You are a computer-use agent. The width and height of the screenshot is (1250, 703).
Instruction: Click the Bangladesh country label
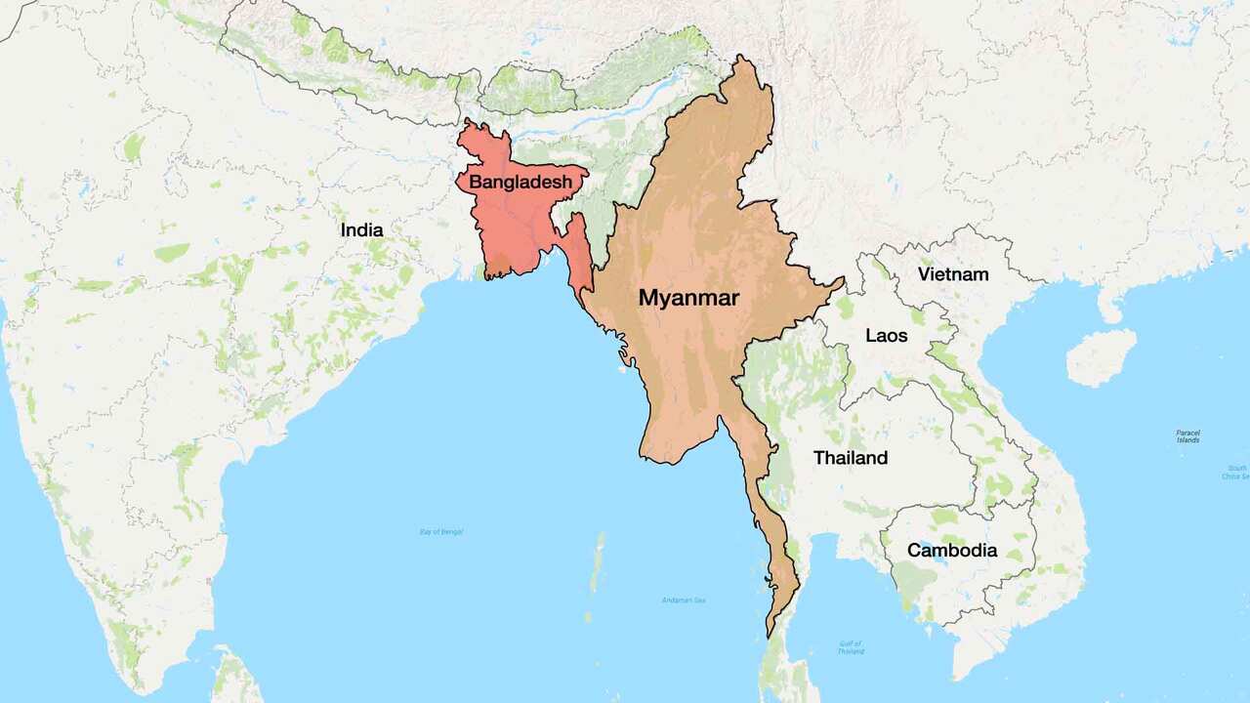tap(521, 182)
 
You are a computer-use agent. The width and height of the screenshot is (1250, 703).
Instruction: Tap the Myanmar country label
tap(688, 298)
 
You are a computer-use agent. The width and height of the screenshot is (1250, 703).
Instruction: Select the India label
tap(361, 230)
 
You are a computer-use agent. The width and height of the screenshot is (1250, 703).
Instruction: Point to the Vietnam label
tap(952, 274)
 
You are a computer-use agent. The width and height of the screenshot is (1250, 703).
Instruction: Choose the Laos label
tap(887, 336)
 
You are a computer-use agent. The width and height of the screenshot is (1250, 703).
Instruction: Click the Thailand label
tap(851, 457)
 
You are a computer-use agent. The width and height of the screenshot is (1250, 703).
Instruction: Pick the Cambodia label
tap(952, 550)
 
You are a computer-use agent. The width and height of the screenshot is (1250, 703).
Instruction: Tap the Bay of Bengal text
tap(440, 531)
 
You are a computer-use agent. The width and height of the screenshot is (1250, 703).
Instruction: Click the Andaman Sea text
tap(684, 600)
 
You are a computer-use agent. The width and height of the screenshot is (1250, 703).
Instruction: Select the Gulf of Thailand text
tap(850, 646)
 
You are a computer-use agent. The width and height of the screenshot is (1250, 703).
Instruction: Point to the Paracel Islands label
tap(1187, 435)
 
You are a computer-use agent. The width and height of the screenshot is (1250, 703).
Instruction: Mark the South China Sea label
tap(1236, 473)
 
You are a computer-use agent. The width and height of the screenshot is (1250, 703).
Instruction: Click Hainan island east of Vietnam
tap(1102, 356)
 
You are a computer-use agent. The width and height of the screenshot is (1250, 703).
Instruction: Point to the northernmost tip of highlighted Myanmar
tap(745, 58)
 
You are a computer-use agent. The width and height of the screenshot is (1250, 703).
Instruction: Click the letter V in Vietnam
tap(924, 274)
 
